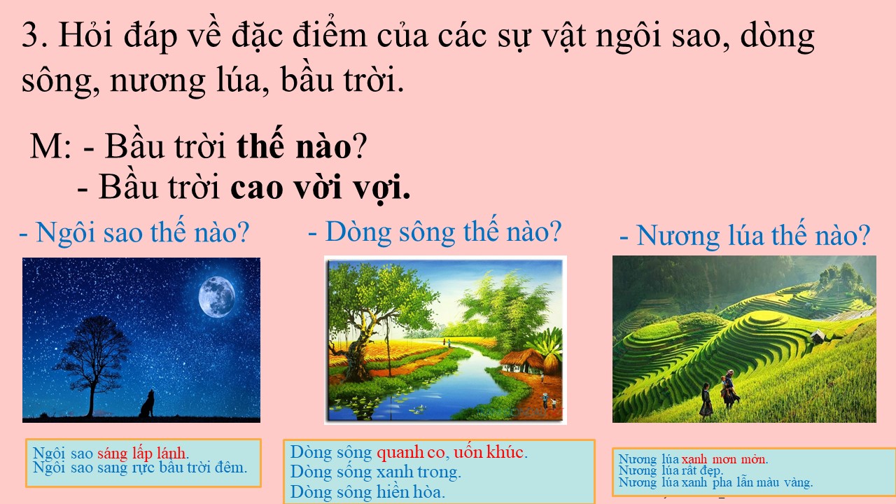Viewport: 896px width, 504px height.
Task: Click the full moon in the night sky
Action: [217, 297]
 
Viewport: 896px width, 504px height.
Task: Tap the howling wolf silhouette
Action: [147, 404]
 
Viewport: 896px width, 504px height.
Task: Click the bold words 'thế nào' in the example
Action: [294, 146]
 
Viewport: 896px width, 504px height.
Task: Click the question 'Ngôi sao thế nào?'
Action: [134, 232]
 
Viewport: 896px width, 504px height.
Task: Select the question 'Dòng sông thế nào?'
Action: [435, 232]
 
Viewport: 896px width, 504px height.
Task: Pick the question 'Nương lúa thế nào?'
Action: [745, 235]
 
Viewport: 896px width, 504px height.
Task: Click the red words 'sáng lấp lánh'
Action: [141, 453]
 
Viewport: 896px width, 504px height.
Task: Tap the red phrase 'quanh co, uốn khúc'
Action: [450, 452]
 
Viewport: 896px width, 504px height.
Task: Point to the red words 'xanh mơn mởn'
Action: [724, 458]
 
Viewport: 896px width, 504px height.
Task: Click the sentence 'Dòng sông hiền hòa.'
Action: [367, 492]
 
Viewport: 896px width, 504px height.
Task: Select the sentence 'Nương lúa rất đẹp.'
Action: [671, 470]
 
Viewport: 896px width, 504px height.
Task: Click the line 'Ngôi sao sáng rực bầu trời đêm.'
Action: [140, 468]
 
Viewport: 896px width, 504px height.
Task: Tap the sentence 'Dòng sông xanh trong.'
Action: [376, 472]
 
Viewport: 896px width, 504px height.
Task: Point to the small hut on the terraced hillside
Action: [818, 335]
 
